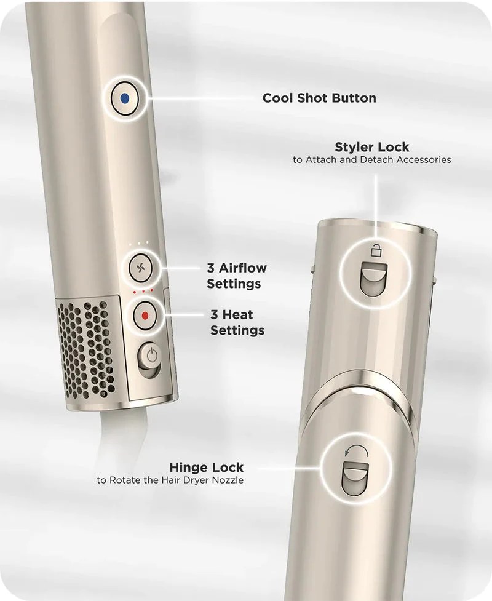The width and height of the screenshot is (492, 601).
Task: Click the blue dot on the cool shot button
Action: point(124,99)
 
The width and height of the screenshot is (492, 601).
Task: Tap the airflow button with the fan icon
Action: point(141,268)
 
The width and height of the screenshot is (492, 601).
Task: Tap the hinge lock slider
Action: point(355,479)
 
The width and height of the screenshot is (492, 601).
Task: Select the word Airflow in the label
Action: point(242,268)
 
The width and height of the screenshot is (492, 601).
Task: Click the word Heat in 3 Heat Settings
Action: point(237,315)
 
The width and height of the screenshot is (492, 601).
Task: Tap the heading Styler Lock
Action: point(371,147)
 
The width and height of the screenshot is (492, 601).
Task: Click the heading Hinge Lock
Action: point(206,468)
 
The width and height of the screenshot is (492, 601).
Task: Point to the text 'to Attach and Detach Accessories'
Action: point(371,159)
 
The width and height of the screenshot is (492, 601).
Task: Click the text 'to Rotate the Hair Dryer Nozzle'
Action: point(170,480)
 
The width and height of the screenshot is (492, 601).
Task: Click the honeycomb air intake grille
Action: point(86,349)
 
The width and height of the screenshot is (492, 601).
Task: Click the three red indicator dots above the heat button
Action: point(143,292)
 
